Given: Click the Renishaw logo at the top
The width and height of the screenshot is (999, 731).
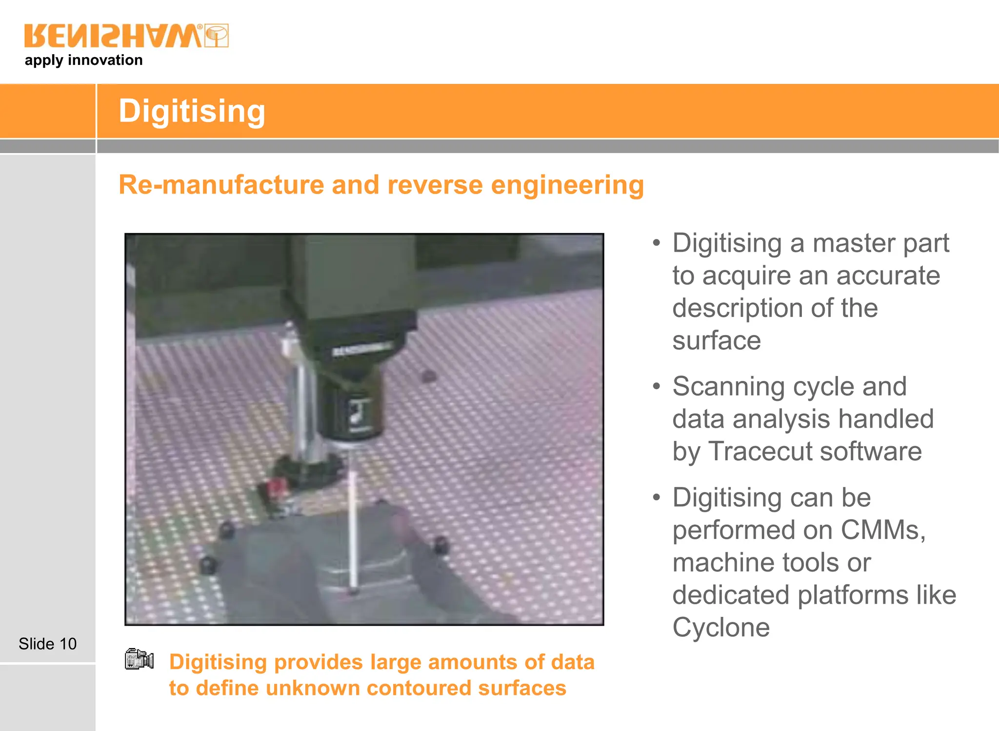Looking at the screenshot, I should [126, 36].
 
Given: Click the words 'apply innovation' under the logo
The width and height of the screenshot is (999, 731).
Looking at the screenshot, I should [83, 60].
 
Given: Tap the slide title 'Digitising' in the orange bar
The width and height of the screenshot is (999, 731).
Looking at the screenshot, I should [192, 111].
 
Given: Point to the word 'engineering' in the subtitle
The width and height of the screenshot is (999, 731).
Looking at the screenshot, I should [567, 186].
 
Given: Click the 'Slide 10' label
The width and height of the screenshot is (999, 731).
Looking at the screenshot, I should [47, 644].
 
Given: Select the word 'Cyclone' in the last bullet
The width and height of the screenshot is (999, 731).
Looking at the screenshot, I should [721, 628].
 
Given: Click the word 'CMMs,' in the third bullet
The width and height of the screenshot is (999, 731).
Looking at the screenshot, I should [883, 530].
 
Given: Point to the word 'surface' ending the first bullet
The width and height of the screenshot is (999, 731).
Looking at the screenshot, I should [717, 340].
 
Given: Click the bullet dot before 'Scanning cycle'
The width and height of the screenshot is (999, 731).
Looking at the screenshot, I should [657, 387].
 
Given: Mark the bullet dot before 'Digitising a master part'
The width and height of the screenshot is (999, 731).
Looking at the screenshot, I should [657, 243].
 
